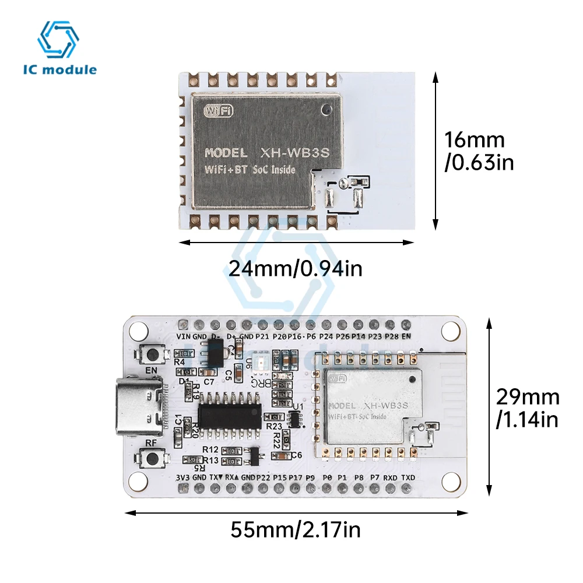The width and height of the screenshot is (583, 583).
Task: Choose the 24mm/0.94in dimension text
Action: [296, 269]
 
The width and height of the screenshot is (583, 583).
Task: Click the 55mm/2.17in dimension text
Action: [296, 531]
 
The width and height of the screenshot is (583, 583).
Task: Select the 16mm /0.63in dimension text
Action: [479, 151]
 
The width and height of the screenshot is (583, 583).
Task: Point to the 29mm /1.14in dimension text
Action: [528, 408]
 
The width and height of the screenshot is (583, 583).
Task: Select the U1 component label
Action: [298, 407]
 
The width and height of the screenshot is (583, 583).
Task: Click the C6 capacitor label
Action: [296, 455]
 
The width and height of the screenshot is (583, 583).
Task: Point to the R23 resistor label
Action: [273, 426]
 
